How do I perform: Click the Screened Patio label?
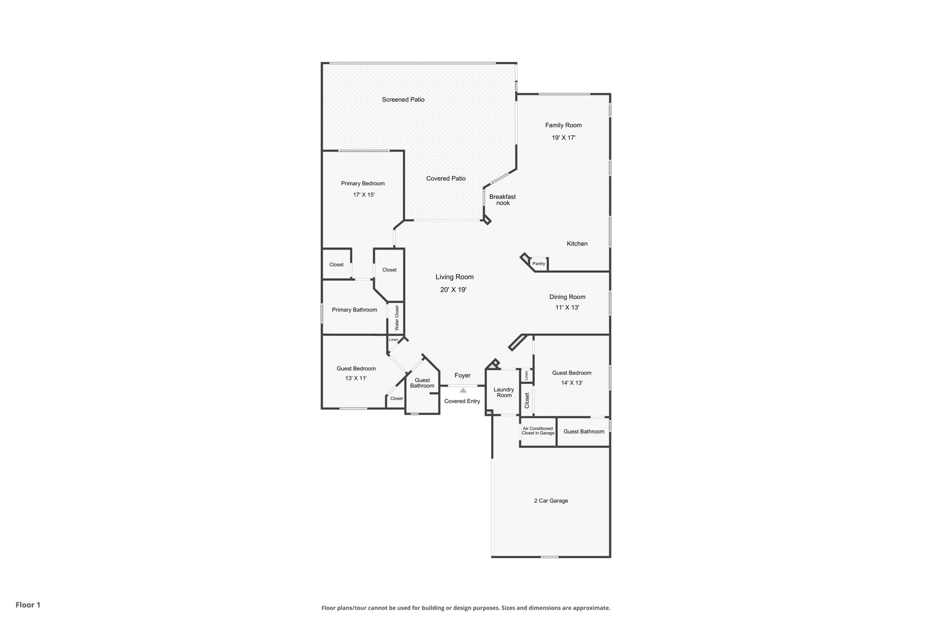[x=403, y=100]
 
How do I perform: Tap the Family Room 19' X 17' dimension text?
[x=563, y=138]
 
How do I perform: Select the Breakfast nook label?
[x=502, y=200]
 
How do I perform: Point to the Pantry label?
[x=539, y=264]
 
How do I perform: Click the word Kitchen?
[x=577, y=244]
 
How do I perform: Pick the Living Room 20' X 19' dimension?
[x=453, y=290]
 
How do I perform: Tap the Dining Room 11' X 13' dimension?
[x=567, y=308]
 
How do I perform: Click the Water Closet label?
[x=397, y=318]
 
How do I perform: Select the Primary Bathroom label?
[x=355, y=310]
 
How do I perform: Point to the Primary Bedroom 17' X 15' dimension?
[x=364, y=195]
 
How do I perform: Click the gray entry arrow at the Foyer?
[x=463, y=390]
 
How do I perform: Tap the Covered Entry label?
[x=462, y=401]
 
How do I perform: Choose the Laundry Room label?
[x=504, y=392]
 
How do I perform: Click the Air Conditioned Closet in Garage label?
[x=538, y=431]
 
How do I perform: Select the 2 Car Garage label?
[x=551, y=501]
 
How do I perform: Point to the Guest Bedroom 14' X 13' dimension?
[x=572, y=383]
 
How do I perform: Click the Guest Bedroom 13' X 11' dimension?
[x=356, y=378]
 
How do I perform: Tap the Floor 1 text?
[x=28, y=605]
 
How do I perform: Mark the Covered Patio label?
[x=446, y=179]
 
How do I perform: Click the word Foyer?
[x=462, y=375]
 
